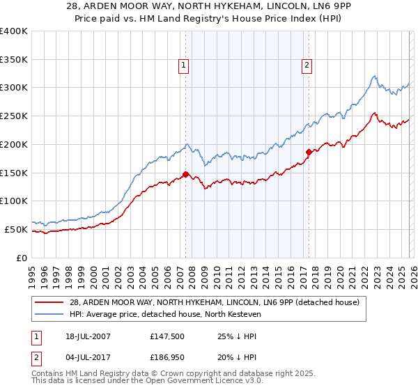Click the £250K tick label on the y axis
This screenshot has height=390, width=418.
pyautogui.click(x=14, y=116)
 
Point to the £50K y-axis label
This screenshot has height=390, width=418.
pyautogui.click(x=15, y=229)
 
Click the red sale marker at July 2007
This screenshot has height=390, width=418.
pyautogui.click(x=186, y=174)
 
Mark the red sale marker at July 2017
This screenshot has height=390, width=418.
pyautogui.click(x=309, y=151)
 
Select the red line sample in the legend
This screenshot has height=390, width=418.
pyautogui.click(x=49, y=302)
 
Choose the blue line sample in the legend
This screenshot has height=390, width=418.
pyautogui.click(x=49, y=315)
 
